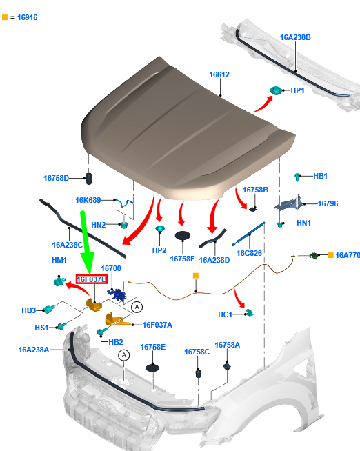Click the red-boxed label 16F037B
pos(92,279)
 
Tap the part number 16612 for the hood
pos(219,74)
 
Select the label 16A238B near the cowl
pos(295,37)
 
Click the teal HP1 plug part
pos(276,90)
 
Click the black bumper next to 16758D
pos(89,179)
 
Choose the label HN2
pos(99,225)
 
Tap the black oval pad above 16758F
pos(183,236)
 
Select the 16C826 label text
pos(249,253)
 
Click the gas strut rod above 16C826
pos(248,234)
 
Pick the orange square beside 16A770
pos(330,255)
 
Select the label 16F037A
pos(157,325)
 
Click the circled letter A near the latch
pos(137,307)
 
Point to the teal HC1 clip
pos(249,312)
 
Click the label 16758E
pos(152,347)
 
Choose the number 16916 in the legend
pos(28,17)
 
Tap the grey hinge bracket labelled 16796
pos(288,203)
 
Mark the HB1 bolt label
pos(320,176)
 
